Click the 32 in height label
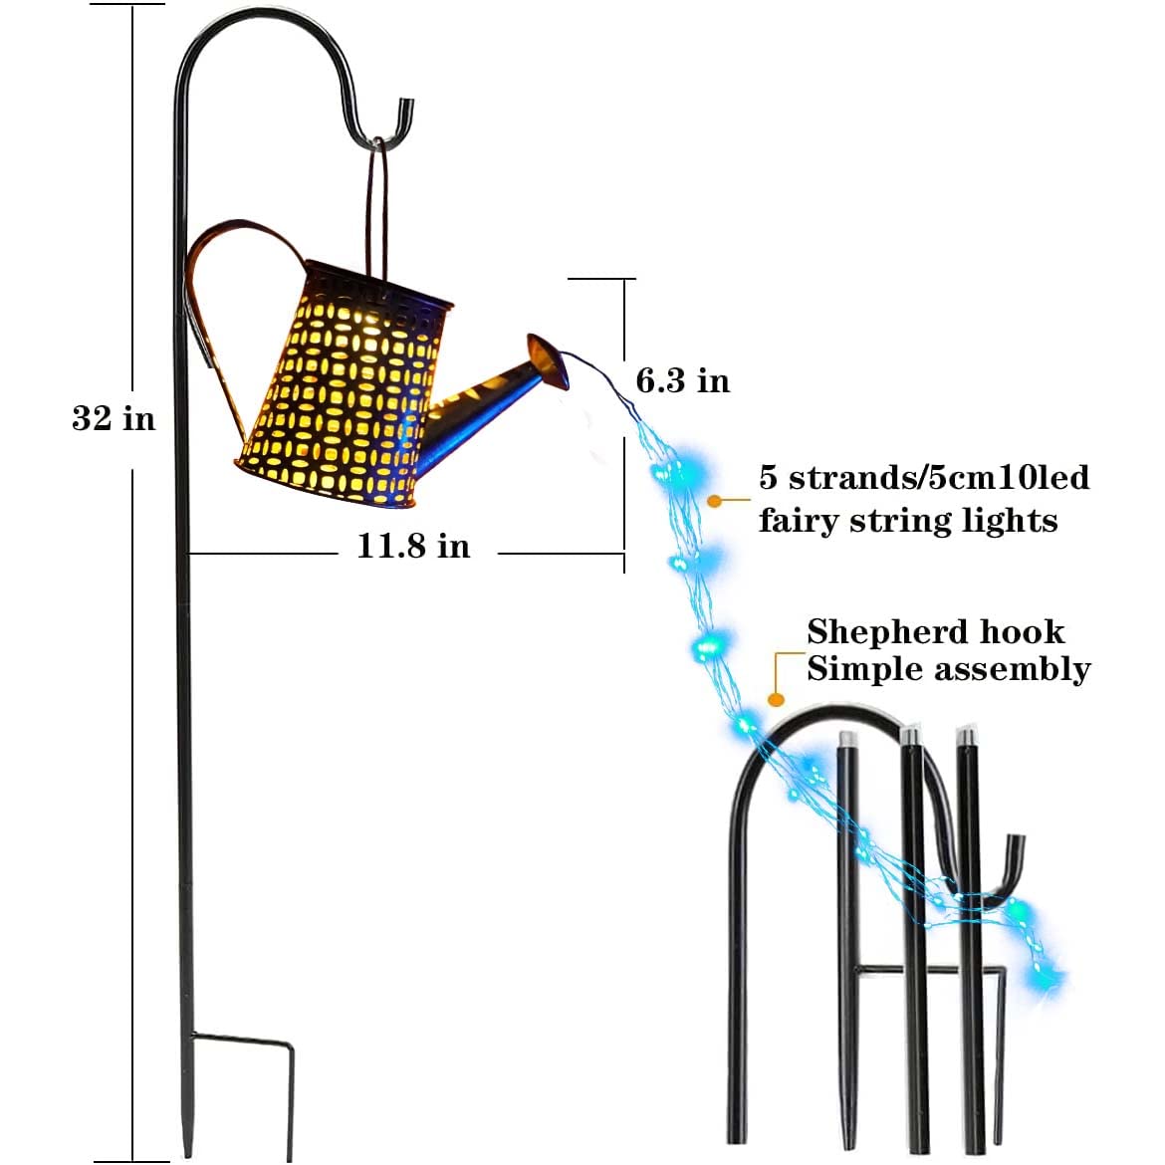[x=114, y=418]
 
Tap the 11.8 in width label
[x=413, y=546]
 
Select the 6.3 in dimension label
[x=683, y=380]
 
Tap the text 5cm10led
[x=1009, y=478]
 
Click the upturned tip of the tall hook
[x=406, y=112]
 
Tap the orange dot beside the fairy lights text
[x=714, y=500]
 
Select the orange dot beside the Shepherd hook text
[x=776, y=700]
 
